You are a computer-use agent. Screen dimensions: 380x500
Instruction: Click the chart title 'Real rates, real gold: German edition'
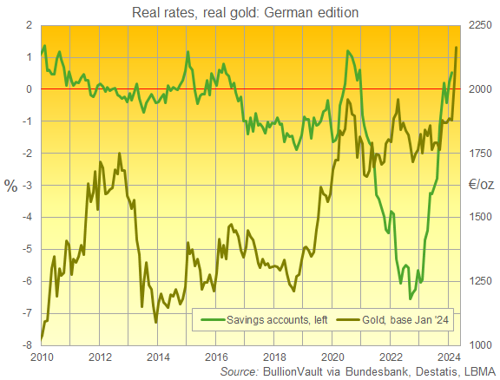tap(250, 11)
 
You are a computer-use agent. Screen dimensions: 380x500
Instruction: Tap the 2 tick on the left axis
tap(30, 25)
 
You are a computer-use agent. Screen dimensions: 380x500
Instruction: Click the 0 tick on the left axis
tap(30, 89)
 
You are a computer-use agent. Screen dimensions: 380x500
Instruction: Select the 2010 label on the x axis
tap(41, 356)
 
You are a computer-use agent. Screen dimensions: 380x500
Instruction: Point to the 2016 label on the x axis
tap(216, 356)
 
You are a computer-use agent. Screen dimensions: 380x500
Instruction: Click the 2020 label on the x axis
tap(332, 356)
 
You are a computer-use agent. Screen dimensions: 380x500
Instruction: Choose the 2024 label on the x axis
tap(449, 356)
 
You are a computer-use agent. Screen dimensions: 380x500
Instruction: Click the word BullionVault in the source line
tap(295, 372)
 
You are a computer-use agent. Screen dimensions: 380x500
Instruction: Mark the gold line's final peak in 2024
tap(457, 48)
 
